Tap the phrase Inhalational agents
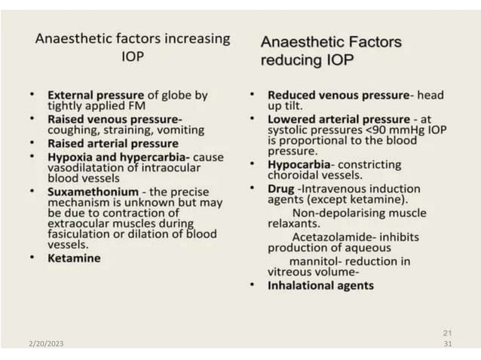(x=320, y=285)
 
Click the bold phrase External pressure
(x=94, y=96)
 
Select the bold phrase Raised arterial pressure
(x=113, y=143)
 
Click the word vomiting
(x=179, y=130)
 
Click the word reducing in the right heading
(x=294, y=60)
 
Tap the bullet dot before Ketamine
(x=32, y=258)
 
